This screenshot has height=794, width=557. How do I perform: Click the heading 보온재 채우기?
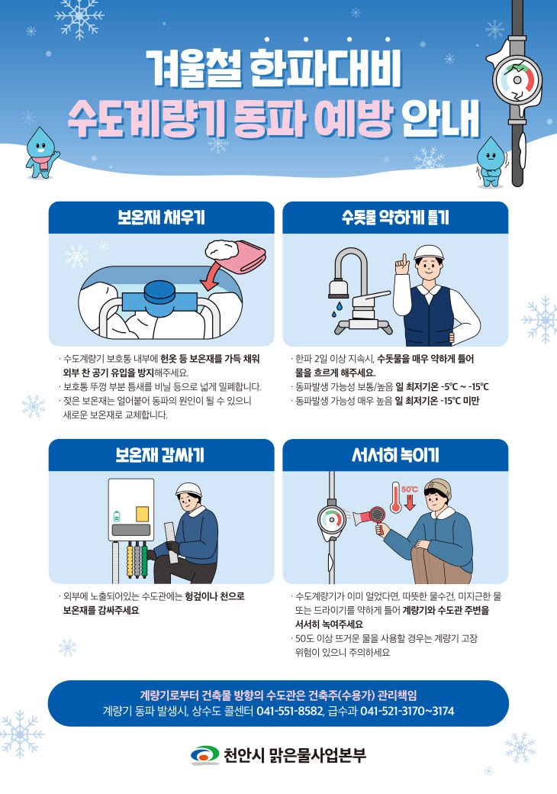coord(161,218)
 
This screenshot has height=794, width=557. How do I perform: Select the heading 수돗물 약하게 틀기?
coord(395,218)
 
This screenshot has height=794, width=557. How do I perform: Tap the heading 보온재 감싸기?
coord(161,456)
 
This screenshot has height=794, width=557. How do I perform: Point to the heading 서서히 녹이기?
coord(395,456)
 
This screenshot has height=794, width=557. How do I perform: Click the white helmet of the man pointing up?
coord(430,253)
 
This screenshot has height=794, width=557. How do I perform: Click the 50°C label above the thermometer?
coord(410,489)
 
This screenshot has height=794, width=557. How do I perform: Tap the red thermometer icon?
coord(395,498)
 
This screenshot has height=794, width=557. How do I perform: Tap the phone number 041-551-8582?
coord(289,711)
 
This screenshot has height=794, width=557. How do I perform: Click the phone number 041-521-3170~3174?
coord(407,711)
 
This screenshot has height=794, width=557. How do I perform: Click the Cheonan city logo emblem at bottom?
coord(204,755)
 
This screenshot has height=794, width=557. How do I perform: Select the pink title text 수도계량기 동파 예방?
coord(230,116)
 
